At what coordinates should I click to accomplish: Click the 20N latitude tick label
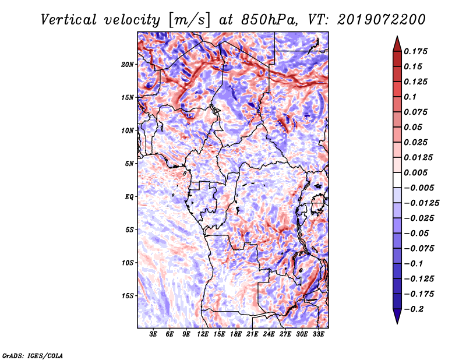coord(128,64)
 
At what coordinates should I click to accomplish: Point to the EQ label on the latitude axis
coord(129,196)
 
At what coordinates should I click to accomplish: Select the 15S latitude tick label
coord(128,295)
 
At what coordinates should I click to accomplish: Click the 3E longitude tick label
coord(153,335)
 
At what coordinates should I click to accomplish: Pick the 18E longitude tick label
coord(236,335)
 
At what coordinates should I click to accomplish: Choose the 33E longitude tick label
coord(319,335)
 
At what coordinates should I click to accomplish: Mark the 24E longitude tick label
coord(269,335)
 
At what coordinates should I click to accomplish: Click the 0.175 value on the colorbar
coord(417,51)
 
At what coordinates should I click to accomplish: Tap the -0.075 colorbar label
coord(421,248)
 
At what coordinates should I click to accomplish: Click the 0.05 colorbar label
coord(415,127)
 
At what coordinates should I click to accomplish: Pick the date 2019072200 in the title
coord(373,20)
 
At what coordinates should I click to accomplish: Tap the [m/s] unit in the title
coord(186,20)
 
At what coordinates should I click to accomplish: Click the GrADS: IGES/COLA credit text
coord(32,355)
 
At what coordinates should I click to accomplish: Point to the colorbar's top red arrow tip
coord(397,38)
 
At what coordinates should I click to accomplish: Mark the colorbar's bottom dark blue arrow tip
coord(397,322)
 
